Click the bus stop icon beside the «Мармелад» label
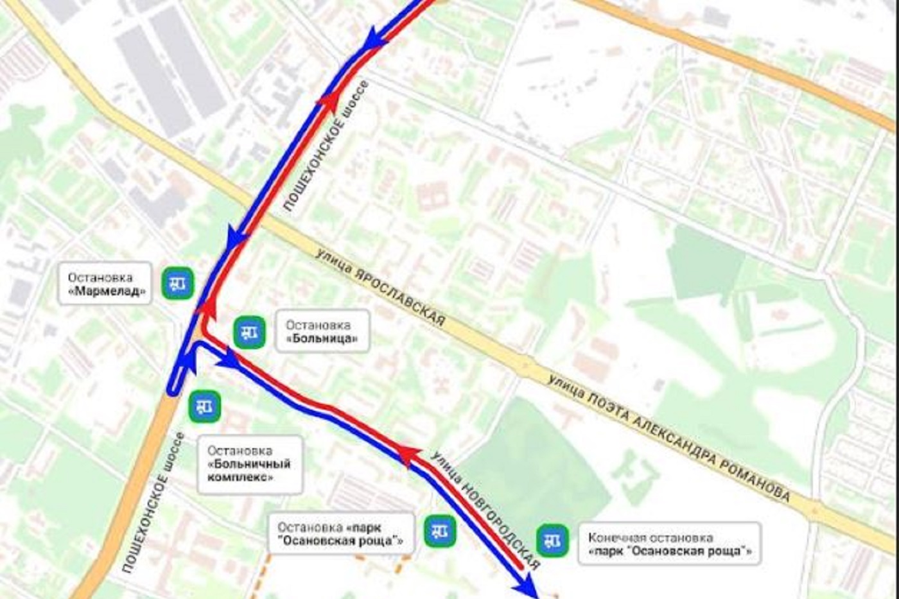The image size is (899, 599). point(178,284)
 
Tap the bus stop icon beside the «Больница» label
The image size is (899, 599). point(249,333)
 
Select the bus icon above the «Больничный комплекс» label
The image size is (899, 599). point(205,406)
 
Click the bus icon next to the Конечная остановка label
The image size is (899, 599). point(552,541)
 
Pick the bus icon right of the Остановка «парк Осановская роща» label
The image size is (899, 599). point(440,531)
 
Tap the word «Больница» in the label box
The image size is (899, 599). point(322,338)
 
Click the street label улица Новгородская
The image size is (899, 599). point(485,510)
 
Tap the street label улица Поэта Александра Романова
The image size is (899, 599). point(668,437)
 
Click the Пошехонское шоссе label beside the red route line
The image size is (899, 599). point(326,146)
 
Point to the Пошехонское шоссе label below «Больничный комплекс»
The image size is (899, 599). point(153,502)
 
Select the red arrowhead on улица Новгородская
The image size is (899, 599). point(407,455)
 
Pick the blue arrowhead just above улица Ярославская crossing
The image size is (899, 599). point(236,237)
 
